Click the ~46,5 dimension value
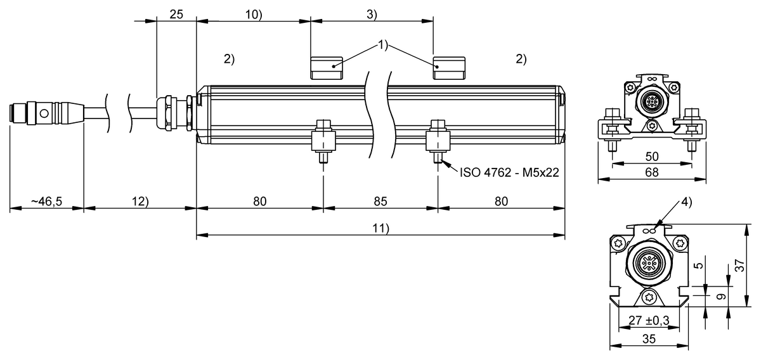[46, 202]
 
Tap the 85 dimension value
[380, 202]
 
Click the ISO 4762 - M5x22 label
[509, 172]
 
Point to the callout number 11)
[380, 229]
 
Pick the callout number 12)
[140, 202]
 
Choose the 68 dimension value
[652, 172]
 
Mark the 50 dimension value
[652, 156]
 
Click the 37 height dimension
[739, 267]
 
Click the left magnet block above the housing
[326, 67]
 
